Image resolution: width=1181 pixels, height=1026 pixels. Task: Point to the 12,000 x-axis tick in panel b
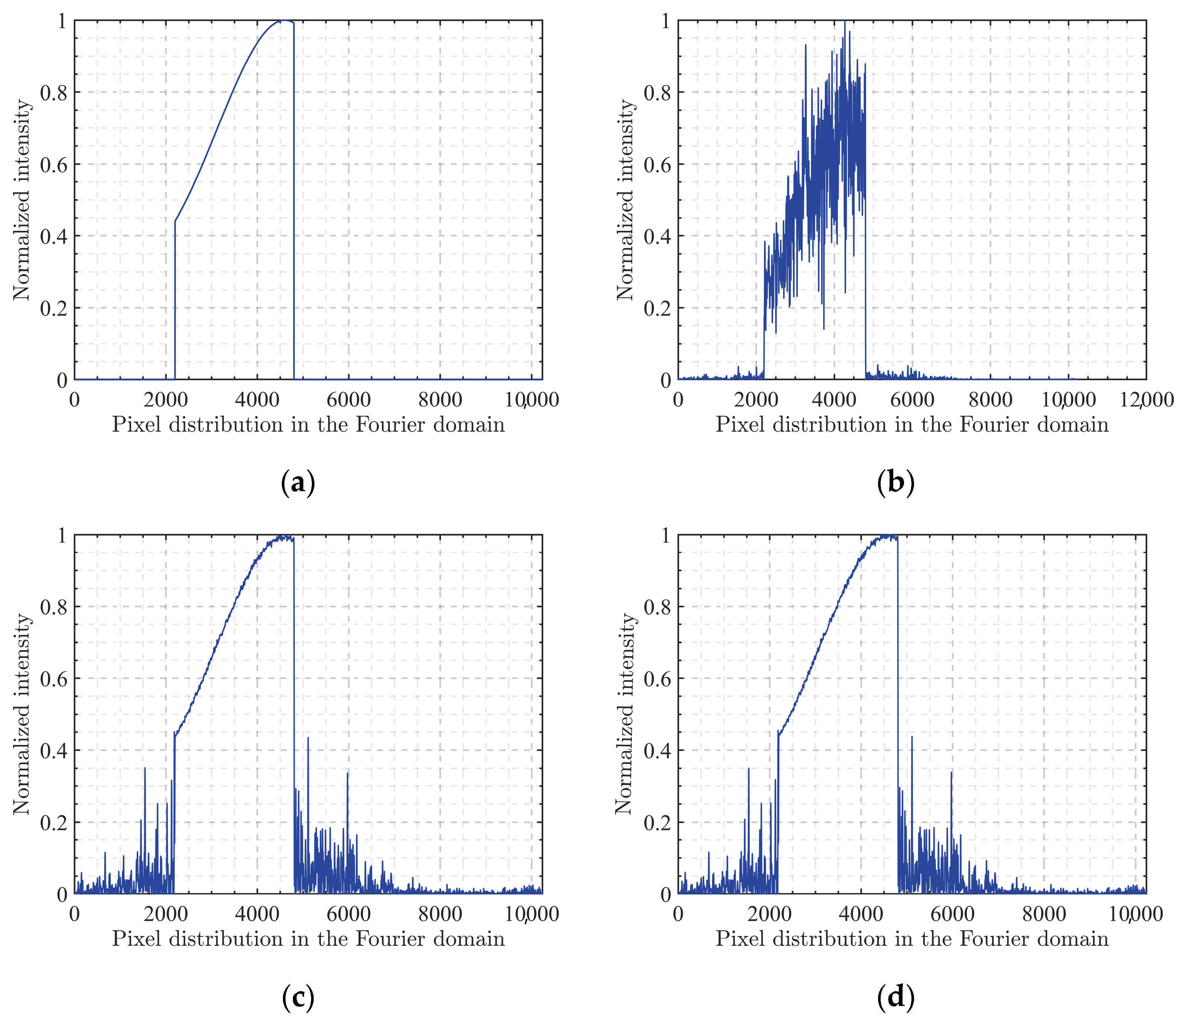(x=1146, y=400)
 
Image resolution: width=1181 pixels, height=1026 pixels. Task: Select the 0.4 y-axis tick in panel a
(x=53, y=236)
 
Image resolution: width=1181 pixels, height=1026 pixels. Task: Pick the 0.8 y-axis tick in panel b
(x=657, y=92)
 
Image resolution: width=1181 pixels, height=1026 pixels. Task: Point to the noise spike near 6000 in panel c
(x=347, y=774)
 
